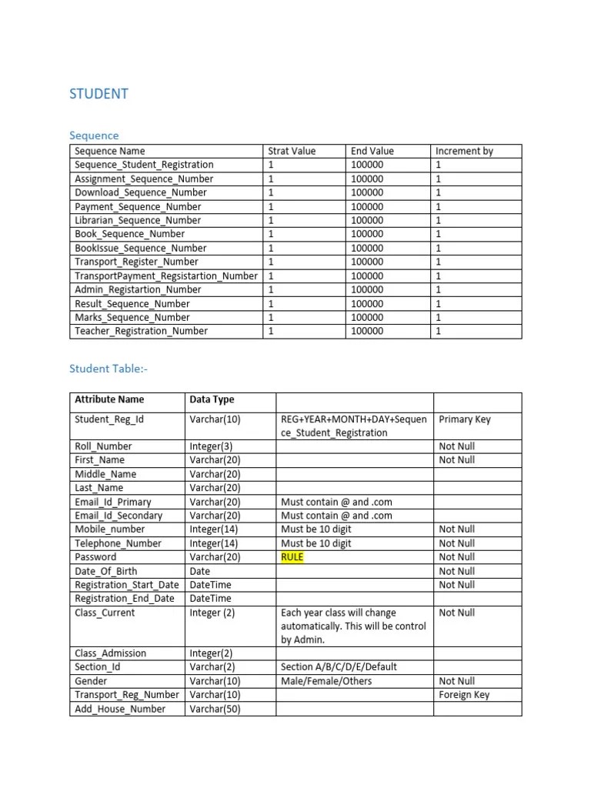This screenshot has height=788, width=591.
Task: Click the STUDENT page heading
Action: pyautogui.click(x=99, y=95)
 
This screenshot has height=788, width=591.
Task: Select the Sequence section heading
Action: pyautogui.click(x=95, y=135)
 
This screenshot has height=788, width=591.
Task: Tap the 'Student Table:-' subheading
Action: pyautogui.click(x=108, y=369)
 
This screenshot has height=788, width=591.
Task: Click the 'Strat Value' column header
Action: pyautogui.click(x=292, y=152)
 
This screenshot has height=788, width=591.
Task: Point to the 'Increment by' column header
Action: pyautogui.click(x=464, y=152)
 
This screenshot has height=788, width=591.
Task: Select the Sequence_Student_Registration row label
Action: pyautogui.click(x=144, y=165)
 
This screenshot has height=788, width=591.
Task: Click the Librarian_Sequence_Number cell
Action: pyautogui.click(x=138, y=220)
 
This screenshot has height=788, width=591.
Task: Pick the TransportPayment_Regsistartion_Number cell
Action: pyautogui.click(x=166, y=275)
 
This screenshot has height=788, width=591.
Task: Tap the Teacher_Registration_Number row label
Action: pyautogui.click(x=141, y=331)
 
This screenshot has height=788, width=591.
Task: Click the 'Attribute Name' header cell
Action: pyautogui.click(x=109, y=399)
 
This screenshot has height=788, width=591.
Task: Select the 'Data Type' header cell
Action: pyautogui.click(x=212, y=399)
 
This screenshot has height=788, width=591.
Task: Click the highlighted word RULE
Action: pyautogui.click(x=292, y=557)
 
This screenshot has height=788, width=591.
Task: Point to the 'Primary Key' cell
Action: pyautogui.click(x=464, y=419)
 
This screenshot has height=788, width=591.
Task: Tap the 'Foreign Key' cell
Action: pyautogui.click(x=464, y=695)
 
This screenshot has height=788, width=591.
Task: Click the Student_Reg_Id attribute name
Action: pyautogui.click(x=109, y=419)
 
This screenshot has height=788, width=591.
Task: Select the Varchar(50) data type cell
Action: pyautogui.click(x=215, y=709)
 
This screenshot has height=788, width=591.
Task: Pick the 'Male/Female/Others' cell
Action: pyautogui.click(x=326, y=681)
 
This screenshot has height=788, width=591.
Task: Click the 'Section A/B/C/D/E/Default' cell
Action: pyautogui.click(x=339, y=667)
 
